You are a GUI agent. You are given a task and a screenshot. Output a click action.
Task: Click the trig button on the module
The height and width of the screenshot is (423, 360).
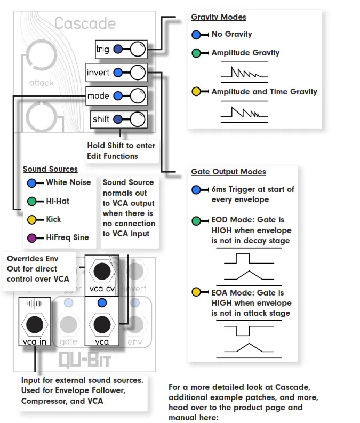coord(137,50)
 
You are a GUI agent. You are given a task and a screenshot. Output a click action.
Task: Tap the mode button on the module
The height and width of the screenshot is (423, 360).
coord(137,96)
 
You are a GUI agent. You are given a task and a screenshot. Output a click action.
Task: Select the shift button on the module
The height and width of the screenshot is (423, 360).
coord(137,119)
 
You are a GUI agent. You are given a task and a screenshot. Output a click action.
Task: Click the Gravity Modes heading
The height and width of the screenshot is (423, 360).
coord(219,17)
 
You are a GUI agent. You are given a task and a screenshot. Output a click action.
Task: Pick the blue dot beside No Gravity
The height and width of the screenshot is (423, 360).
coord(197,35)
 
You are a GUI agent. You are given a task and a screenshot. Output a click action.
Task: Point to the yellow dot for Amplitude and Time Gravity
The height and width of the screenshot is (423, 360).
coord(197,92)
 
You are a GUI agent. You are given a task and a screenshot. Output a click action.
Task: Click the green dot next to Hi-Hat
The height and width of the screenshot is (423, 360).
coord(32,202)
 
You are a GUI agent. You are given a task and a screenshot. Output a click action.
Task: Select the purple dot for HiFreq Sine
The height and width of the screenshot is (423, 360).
coord(32,237)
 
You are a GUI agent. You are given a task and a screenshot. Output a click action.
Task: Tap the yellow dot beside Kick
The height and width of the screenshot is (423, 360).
coord(32,219)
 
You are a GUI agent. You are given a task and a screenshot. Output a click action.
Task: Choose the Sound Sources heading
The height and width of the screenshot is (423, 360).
coord(50,169)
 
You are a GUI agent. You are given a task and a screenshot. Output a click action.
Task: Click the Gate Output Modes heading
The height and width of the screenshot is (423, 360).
coord(228,172)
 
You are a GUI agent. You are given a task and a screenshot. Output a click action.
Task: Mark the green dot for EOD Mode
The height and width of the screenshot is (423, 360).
coord(197,220)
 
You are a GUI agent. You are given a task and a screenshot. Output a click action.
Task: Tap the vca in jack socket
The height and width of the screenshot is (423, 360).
coord(35,323)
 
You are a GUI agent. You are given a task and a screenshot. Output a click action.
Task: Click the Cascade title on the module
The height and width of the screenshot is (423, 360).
coord(85,23)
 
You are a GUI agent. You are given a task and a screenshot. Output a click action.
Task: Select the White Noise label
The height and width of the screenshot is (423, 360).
coord(68,182)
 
